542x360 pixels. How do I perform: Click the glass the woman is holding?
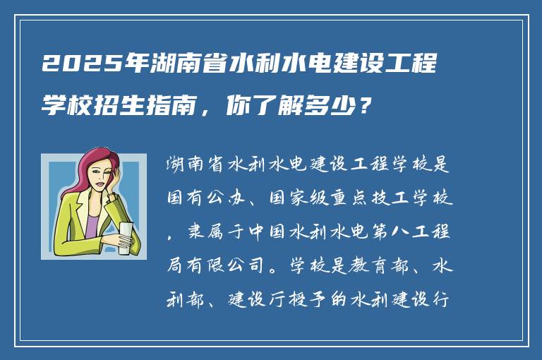(x=125, y=236)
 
